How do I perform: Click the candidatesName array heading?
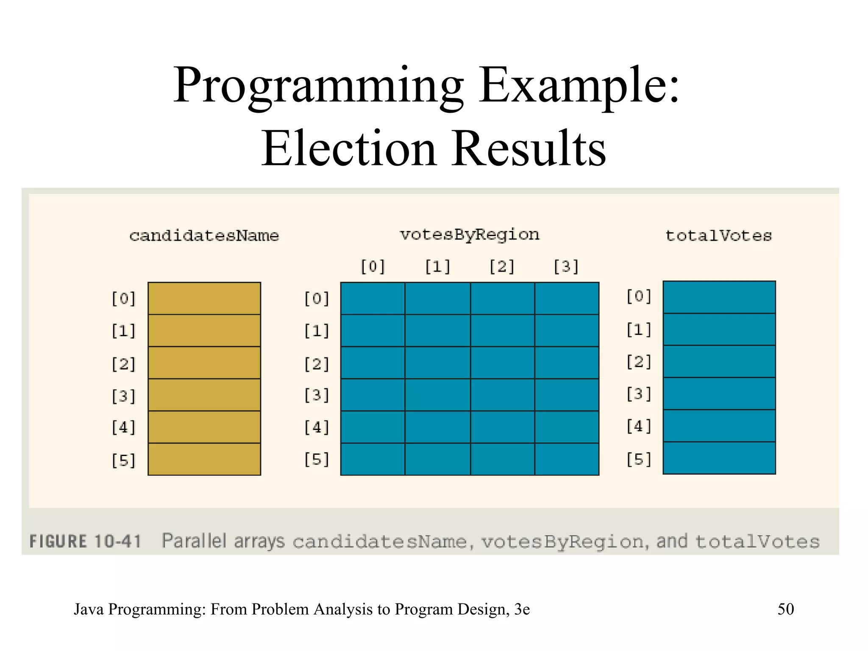click(x=204, y=236)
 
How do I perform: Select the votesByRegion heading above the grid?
click(x=470, y=235)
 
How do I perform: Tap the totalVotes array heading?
click(x=719, y=236)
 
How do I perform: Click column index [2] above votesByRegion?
click(x=502, y=267)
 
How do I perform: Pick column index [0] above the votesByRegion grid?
click(x=373, y=267)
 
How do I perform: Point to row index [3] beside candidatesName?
click(x=123, y=396)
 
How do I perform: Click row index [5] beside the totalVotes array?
click(x=639, y=459)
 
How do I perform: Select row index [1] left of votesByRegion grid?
click(x=317, y=331)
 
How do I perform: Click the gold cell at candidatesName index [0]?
click(x=204, y=298)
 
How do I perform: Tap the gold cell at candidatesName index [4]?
click(x=204, y=427)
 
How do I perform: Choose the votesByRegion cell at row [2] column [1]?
click(x=437, y=363)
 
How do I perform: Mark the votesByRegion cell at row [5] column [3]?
click(x=567, y=459)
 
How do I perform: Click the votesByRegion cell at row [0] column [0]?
click(x=373, y=298)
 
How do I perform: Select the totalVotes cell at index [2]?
click(x=719, y=362)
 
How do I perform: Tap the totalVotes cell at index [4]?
click(x=719, y=426)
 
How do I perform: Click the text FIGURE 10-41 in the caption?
click(x=85, y=542)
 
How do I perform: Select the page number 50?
click(x=785, y=609)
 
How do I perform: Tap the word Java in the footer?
click(x=89, y=609)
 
